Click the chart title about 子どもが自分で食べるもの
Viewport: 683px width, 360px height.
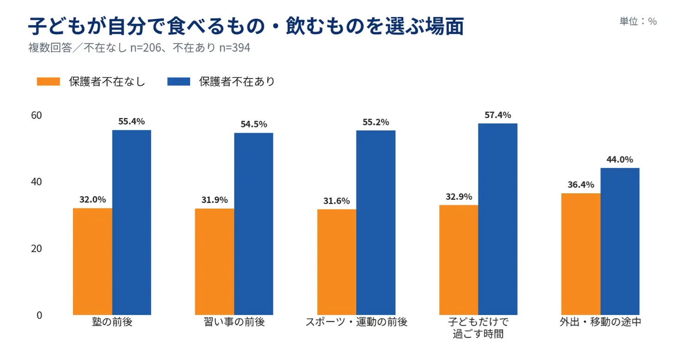(246, 25)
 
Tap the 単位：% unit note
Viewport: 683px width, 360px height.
(638, 21)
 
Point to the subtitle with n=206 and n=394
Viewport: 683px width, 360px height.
(139, 48)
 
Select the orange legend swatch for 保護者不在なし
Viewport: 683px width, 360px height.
(48, 81)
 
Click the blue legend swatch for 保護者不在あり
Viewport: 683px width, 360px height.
(179, 81)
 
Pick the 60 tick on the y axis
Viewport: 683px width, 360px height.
(36, 115)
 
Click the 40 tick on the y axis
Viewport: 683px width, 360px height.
(36, 182)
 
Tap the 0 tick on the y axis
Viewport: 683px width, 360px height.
(39, 315)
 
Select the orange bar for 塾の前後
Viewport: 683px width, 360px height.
(93, 262)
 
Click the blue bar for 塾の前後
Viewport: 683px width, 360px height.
(132, 222)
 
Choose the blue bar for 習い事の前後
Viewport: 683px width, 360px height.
(254, 224)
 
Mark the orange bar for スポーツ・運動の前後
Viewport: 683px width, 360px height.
(337, 262)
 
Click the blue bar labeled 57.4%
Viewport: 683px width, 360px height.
(498, 219)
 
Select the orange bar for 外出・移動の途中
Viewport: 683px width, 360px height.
(581, 254)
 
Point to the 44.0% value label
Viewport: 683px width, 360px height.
(620, 159)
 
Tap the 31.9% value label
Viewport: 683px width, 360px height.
(214, 200)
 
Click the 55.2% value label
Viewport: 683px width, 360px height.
(375, 122)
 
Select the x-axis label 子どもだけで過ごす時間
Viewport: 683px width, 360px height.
(478, 328)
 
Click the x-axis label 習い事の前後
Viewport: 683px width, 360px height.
(234, 322)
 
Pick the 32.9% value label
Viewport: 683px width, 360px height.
(459, 197)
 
